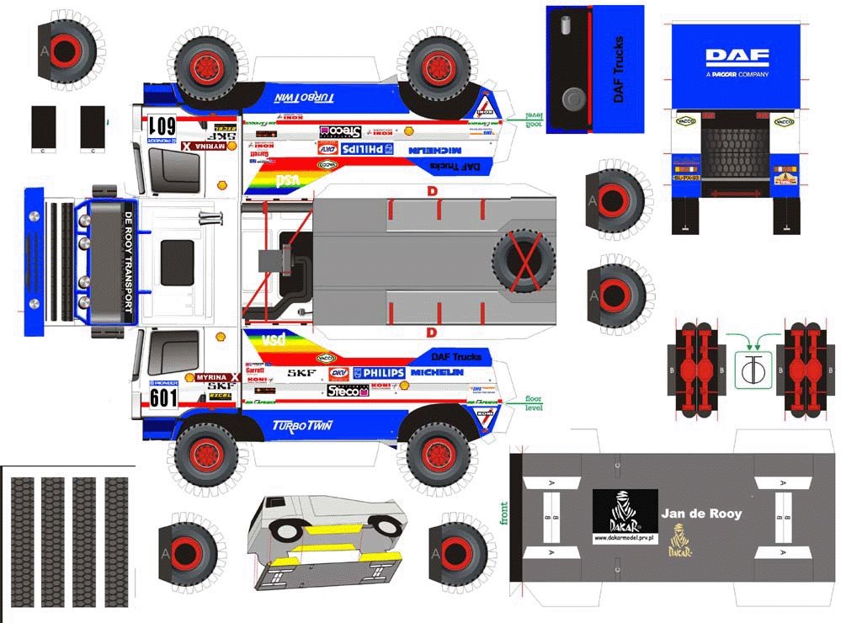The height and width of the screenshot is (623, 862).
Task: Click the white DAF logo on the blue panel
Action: click(x=737, y=57)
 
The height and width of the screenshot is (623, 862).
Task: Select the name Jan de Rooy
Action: click(x=701, y=513)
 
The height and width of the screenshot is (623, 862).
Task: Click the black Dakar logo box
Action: click(x=625, y=510)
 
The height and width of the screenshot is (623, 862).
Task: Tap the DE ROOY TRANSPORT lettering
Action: click(x=129, y=262)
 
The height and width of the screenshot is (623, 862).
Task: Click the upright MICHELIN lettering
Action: click(x=437, y=372)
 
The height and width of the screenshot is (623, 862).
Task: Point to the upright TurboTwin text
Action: click(x=302, y=425)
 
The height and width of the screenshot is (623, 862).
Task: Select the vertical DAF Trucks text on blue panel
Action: click(x=619, y=69)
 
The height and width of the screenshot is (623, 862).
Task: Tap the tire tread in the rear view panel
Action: click(x=737, y=152)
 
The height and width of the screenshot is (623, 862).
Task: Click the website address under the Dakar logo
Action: click(x=625, y=537)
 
